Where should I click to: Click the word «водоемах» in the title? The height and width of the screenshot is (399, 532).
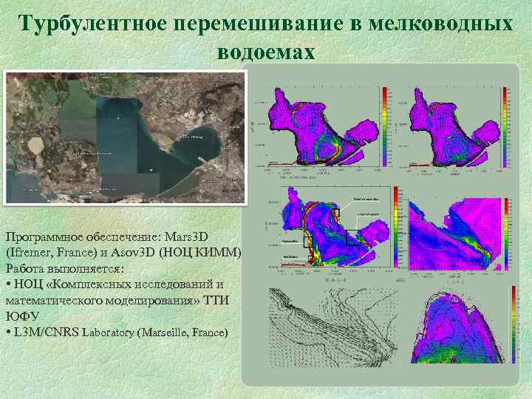point(266,52)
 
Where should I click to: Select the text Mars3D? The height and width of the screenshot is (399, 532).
point(184,236)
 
